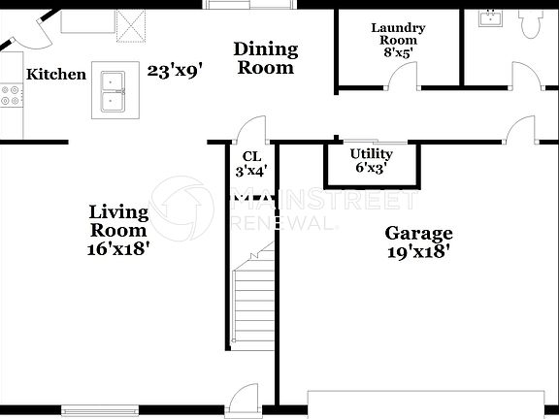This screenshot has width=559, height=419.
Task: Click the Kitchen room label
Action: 56,75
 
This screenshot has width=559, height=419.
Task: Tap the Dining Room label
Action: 266,58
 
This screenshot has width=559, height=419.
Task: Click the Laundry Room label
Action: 394,34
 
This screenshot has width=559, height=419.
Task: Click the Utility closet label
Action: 371,154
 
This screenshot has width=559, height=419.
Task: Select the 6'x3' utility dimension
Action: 371,169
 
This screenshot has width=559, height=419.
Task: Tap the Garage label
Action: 418,234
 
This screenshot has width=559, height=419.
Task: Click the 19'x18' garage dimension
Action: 418,252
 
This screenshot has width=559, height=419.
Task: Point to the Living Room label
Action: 118,221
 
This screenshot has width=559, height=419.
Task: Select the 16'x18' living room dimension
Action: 118,248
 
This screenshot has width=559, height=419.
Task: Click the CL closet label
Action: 251,156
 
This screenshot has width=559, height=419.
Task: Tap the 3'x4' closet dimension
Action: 251,172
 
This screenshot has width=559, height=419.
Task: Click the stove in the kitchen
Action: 12,95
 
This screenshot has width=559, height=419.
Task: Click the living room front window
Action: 101,407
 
